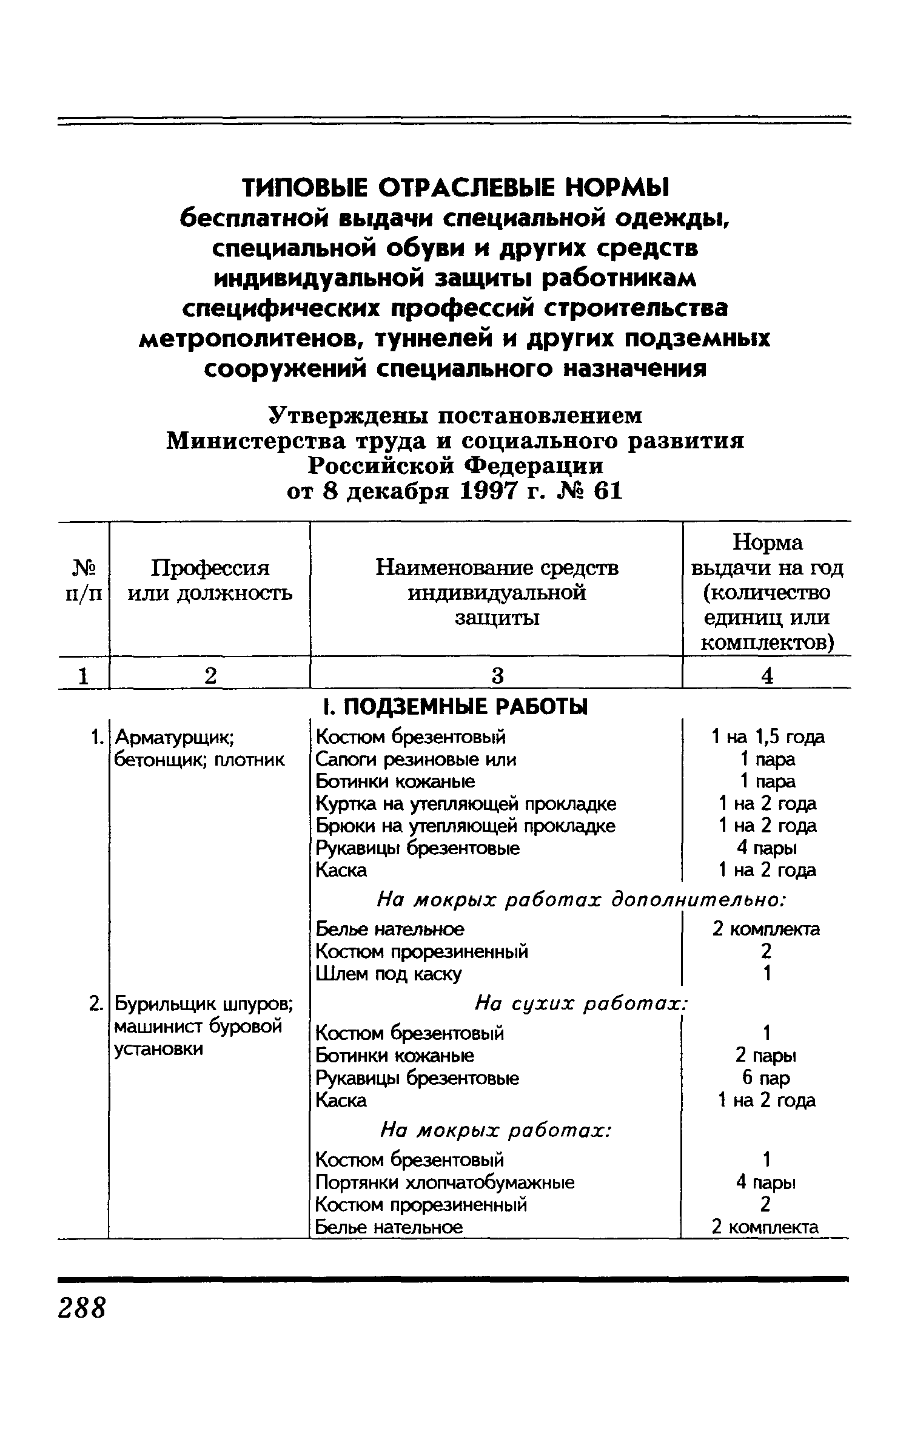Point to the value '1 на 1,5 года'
coord(767,737)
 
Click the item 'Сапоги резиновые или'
coord(416,760)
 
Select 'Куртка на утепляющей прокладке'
coord(466,804)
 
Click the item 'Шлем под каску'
coord(389,974)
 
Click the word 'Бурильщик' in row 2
coord(163,1005)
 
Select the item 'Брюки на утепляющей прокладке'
coord(465,826)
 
